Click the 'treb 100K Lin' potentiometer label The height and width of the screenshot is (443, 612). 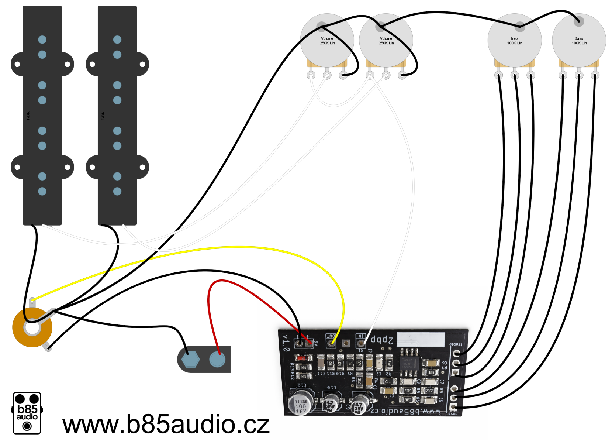click(x=514, y=41)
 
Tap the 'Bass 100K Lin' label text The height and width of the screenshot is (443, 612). click(x=579, y=41)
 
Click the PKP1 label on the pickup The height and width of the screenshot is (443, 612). click(x=28, y=115)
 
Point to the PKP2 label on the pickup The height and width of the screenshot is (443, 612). click(x=103, y=115)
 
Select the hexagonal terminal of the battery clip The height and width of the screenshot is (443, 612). click(x=190, y=359)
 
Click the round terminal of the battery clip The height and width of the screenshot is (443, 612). click(x=217, y=359)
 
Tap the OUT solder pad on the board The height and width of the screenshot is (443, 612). click(x=331, y=343)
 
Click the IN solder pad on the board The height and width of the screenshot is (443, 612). click(x=361, y=344)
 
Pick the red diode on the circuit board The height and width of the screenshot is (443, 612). click(x=303, y=358)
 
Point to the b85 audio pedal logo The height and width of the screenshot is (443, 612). click(x=27, y=413)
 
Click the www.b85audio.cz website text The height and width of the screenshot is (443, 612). click(x=166, y=425)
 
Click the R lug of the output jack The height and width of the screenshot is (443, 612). click(x=48, y=347)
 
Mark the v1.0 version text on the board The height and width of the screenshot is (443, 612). click(x=286, y=343)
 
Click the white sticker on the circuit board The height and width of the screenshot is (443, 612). click(x=421, y=339)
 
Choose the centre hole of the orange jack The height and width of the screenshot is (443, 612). click(x=32, y=328)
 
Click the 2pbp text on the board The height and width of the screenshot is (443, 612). click(x=382, y=340)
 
